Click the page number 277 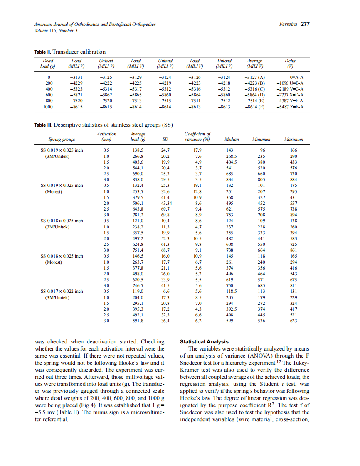(305, 24)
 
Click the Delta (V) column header (290, 63)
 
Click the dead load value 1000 (49, 107)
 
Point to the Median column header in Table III (231, 140)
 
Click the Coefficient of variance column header (197, 137)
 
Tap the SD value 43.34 (167, 204)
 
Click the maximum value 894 (293, 215)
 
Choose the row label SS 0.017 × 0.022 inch (61, 292)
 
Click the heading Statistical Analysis (204, 342)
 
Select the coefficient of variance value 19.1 (197, 186)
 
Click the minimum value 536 (261, 321)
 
